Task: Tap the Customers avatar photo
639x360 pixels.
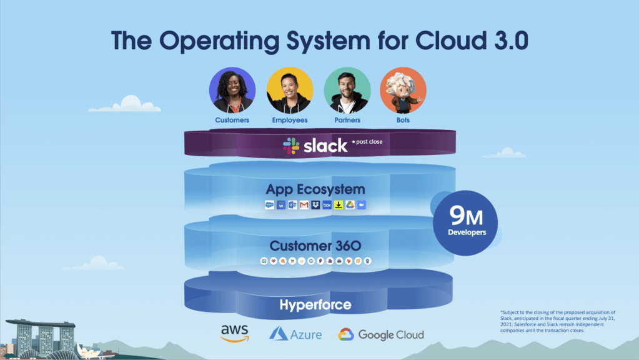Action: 232,91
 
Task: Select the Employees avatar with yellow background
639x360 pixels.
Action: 290,91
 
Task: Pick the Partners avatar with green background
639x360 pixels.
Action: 347,91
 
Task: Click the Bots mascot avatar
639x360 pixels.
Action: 403,91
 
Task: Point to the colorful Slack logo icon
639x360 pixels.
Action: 290,146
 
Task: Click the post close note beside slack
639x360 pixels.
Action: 367,142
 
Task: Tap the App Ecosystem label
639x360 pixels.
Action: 315,189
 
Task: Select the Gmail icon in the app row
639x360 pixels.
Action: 304,206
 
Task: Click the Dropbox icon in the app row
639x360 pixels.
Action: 315,206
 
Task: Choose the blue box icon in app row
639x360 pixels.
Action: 327,206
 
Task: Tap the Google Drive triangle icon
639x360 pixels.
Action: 350,206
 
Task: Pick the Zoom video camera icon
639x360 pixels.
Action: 361,206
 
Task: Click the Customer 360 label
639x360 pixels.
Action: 315,246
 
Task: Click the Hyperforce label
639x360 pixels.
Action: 315,305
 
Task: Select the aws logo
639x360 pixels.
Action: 235,332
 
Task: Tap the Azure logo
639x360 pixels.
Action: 295,334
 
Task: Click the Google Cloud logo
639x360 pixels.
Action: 381,334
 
